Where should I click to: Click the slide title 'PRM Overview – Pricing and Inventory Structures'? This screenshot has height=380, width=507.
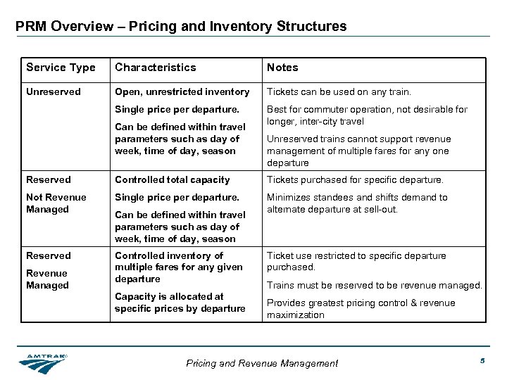181,27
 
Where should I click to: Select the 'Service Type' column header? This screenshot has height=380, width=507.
61,68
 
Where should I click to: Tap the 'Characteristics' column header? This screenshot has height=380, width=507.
156,68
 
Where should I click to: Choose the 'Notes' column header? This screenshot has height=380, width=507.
282,68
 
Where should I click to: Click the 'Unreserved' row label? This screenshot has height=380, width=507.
54,91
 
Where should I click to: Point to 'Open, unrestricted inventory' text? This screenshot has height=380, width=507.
182,91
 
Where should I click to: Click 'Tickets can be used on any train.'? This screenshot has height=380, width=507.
339,91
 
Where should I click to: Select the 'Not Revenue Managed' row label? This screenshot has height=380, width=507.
56,203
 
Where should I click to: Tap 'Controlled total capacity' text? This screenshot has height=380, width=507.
173,179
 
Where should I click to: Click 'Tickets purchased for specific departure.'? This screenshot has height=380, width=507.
355,179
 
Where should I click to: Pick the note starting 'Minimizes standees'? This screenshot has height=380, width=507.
357,203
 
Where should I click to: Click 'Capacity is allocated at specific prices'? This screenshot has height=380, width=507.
180,303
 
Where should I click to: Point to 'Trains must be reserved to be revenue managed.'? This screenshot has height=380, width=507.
374,285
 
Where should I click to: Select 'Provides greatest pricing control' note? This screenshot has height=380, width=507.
361,309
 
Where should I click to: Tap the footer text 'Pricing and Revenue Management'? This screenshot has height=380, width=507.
262,363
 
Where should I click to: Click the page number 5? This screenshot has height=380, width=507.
483,361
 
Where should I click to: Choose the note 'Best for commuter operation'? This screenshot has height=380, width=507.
367,115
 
